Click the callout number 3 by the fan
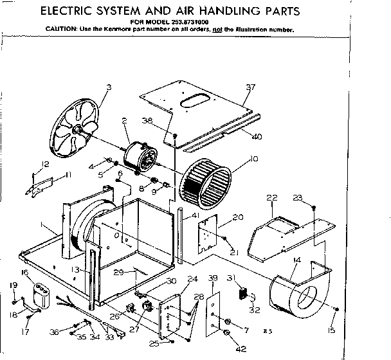109,87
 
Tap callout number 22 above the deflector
272,197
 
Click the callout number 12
45,164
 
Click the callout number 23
314,198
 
